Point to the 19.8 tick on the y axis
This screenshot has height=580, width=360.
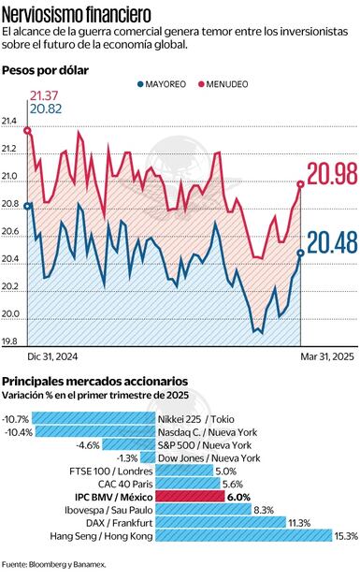pyautogui.click(x=10, y=341)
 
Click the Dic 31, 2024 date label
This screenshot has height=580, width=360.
pyautogui.click(x=52, y=356)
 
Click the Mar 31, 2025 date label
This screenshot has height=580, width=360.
pyautogui.click(x=328, y=356)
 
